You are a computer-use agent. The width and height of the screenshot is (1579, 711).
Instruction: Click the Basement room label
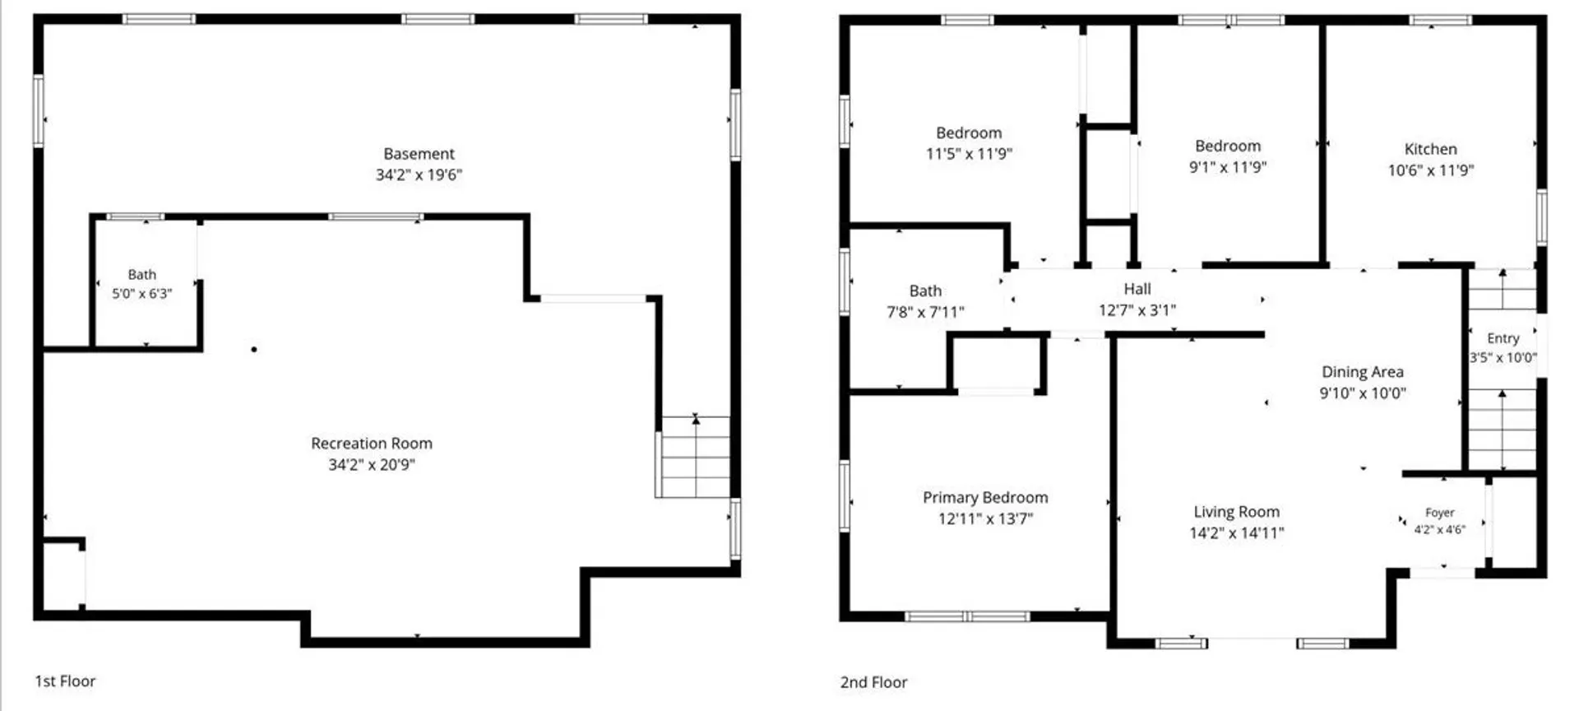tap(419, 154)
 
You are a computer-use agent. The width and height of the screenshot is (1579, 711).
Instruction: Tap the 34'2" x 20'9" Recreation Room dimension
tap(372, 464)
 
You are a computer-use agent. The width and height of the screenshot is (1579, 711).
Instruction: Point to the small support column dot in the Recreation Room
tap(254, 350)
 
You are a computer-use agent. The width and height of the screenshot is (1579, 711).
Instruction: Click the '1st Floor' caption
tap(65, 681)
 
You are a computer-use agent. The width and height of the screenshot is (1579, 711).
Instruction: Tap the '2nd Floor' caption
tap(873, 682)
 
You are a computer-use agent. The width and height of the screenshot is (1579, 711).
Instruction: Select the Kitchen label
tap(1430, 149)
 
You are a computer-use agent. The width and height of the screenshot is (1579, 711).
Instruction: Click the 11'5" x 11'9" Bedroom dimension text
tap(969, 154)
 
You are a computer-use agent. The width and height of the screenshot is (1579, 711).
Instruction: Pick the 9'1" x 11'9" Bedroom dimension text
tap(1228, 167)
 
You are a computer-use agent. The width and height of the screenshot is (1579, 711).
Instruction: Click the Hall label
tap(1137, 289)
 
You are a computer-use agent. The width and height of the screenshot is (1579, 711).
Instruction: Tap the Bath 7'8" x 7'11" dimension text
tap(925, 312)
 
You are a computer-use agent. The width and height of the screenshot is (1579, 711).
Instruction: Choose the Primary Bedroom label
tap(985, 498)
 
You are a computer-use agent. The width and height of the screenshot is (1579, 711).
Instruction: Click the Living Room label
tap(1237, 512)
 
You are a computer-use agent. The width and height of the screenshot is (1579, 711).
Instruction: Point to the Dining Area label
tap(1363, 372)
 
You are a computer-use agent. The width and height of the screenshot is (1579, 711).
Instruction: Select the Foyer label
tap(1440, 513)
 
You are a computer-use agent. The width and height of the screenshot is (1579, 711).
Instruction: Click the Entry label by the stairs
tap(1503, 338)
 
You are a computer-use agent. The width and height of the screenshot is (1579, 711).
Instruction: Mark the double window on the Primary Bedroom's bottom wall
tap(967, 616)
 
